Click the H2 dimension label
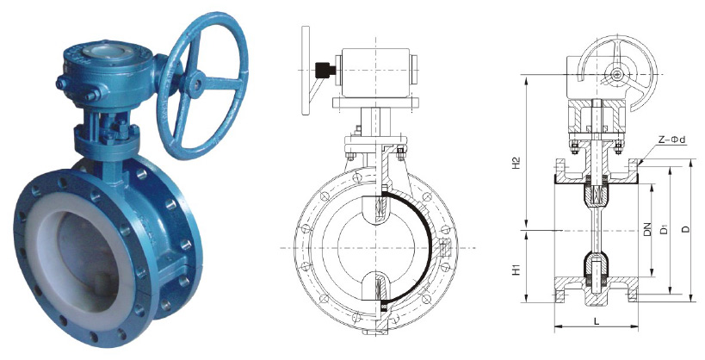pos(517,163)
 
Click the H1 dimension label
pos(517,269)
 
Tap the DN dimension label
pos(647,230)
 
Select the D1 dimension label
pos(664,230)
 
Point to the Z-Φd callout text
pos(671,140)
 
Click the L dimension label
pos(597,321)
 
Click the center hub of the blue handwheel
pos(196,83)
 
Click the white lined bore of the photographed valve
pos(75,252)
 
